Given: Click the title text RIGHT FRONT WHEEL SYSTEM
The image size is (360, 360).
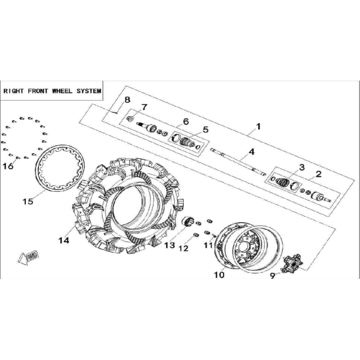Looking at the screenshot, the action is click(52, 91).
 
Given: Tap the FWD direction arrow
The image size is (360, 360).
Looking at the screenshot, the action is click(28, 258).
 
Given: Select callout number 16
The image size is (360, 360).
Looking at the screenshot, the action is click(8, 166).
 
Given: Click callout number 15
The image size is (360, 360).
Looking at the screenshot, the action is click(28, 202).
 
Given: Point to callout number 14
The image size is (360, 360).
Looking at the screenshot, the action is click(64, 240).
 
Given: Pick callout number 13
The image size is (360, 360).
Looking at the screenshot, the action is click(169, 246).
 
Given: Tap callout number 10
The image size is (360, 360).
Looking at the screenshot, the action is click(219, 275).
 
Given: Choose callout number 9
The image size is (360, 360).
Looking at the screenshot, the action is click(272, 276).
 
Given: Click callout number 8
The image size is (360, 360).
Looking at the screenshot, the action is click(127, 100).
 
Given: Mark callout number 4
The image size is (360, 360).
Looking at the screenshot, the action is click(252, 151).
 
